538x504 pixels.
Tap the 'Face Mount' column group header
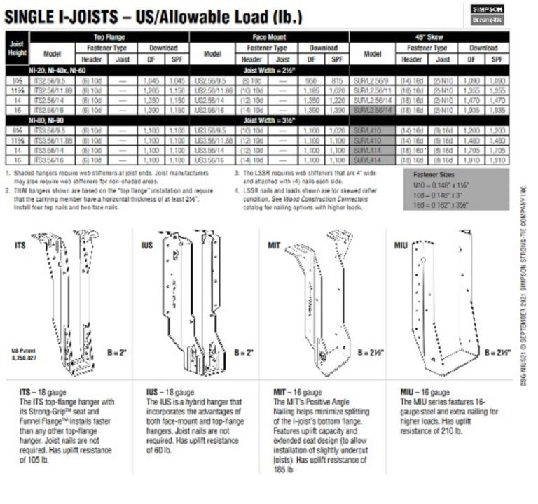[269, 36]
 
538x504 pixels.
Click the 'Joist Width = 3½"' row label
[269, 122]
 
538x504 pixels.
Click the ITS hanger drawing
[67, 301]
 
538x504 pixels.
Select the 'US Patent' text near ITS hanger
[24, 351]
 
